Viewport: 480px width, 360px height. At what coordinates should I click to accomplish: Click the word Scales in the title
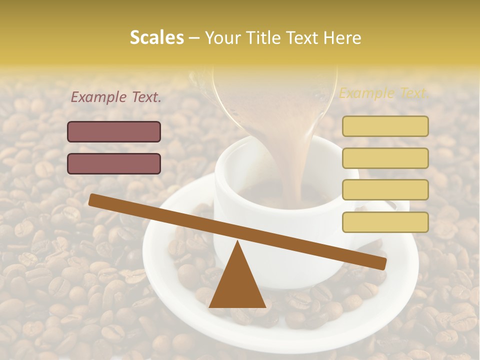pos(156,37)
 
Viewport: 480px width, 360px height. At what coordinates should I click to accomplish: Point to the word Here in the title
pos(343,38)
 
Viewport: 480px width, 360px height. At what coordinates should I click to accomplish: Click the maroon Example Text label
pos(116,97)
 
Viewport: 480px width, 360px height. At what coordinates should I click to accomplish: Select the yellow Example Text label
pos(383,93)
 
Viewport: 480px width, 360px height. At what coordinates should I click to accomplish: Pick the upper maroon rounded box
pos(114,131)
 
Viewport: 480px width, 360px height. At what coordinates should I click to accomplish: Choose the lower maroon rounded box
pos(114,163)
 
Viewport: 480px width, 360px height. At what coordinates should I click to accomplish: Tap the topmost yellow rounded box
pos(385,126)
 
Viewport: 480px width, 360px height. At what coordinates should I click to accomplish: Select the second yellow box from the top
pos(385,158)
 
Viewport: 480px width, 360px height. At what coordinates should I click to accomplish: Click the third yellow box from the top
pos(385,190)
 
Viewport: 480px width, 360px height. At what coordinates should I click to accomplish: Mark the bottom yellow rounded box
pos(385,222)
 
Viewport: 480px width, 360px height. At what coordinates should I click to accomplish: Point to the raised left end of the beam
pos(95,200)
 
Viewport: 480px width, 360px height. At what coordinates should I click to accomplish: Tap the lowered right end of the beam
pos(380,263)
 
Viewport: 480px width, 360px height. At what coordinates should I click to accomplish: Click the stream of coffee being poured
pos(295,165)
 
